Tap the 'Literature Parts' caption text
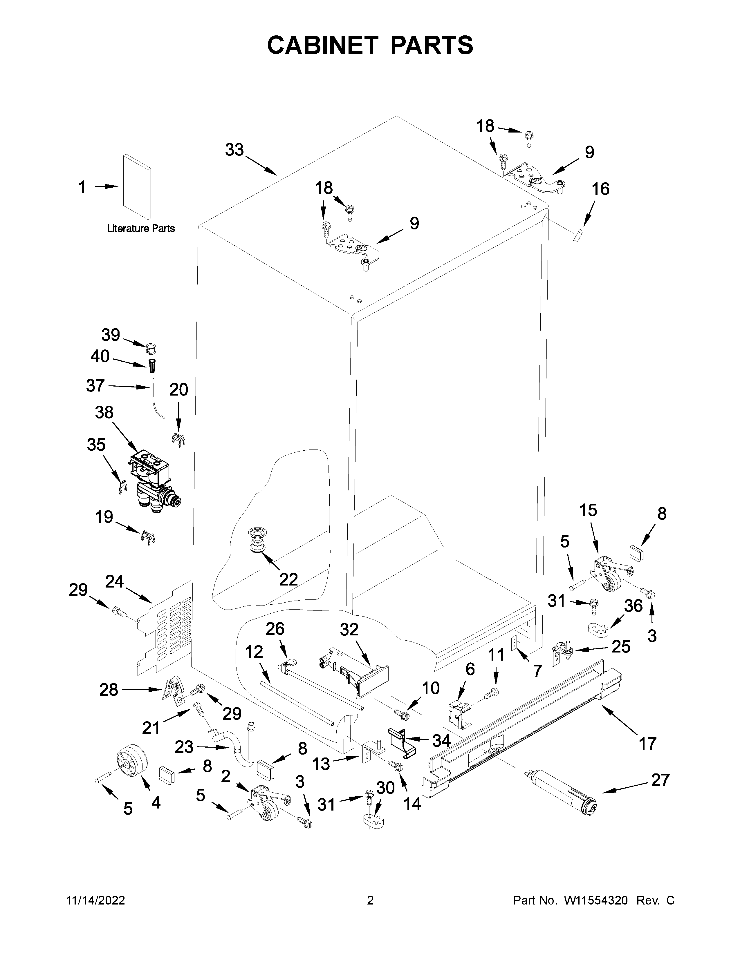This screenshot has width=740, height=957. coord(141,228)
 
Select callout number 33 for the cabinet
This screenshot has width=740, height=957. coord(234,150)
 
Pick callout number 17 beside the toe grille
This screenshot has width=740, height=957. coord(647,743)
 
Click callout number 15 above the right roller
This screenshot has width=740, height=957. coord(588,510)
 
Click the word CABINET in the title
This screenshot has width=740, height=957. coord(323,45)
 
